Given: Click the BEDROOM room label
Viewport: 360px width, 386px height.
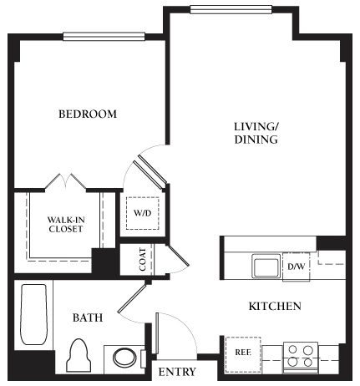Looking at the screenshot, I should point(87,114).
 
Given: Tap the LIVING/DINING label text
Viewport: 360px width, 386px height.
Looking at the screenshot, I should point(256,134).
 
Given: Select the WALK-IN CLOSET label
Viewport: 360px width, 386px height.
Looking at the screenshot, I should point(65,224).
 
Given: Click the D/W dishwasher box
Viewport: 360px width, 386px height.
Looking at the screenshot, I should point(296,267).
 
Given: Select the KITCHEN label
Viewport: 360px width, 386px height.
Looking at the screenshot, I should point(275,307).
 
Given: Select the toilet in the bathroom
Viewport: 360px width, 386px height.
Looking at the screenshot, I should point(80,356).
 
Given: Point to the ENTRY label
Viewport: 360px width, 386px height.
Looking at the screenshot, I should point(177,372).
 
